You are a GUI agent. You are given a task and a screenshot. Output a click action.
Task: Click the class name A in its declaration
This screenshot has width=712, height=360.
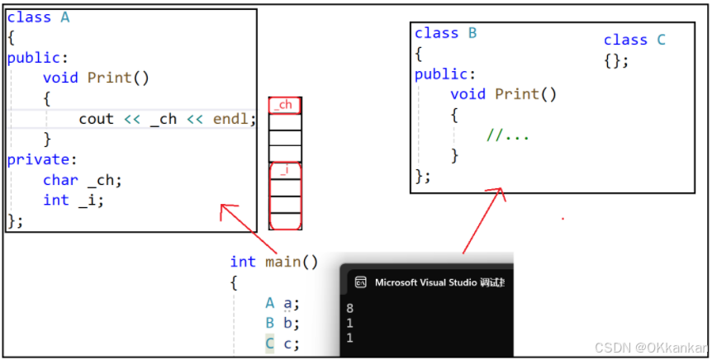pyautogui.click(x=65, y=17)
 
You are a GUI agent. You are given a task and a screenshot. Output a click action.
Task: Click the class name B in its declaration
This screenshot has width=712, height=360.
pyautogui.click(x=472, y=33)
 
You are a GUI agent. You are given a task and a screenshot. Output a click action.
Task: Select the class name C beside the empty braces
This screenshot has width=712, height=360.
pyautogui.click(x=661, y=40)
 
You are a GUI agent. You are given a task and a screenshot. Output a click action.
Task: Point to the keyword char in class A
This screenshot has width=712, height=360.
pyautogui.click(x=60, y=180)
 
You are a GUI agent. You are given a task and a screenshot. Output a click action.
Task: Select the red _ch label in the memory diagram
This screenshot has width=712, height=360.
pyautogui.click(x=284, y=106)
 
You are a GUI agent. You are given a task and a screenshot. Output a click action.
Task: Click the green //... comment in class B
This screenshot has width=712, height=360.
pyautogui.click(x=507, y=135)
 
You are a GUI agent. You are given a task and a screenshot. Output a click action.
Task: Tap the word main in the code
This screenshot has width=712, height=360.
pyautogui.click(x=283, y=262)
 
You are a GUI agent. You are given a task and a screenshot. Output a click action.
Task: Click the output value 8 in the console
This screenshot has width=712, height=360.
pyautogui.click(x=350, y=309)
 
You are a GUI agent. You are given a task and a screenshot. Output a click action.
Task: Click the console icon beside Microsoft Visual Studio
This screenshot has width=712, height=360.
pyautogui.click(x=360, y=282)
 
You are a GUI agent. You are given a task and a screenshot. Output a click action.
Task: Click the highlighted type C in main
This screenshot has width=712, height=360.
pyautogui.click(x=269, y=343)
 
